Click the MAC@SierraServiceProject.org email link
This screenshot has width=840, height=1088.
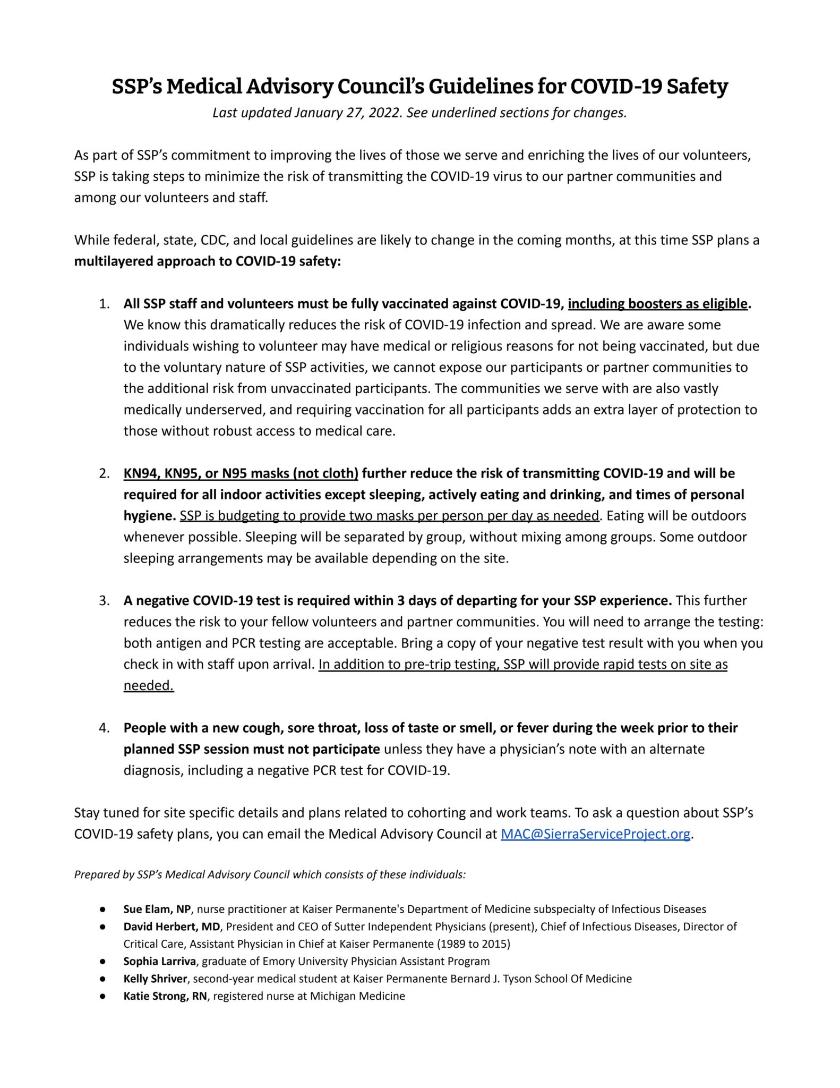(595, 834)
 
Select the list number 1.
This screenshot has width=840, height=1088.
(104, 304)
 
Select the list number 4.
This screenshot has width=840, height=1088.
(104, 728)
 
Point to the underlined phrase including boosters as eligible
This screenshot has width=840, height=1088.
(657, 304)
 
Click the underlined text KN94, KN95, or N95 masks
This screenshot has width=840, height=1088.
(241, 473)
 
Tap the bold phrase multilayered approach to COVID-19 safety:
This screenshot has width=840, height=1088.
(208, 261)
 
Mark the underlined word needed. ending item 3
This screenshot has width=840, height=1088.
(149, 685)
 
